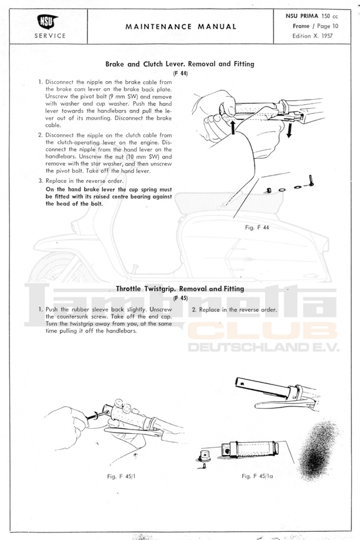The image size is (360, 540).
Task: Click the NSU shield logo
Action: coord(47,22)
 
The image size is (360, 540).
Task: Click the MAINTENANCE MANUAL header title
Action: coord(181,26)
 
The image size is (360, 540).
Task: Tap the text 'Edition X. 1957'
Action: coord(313,36)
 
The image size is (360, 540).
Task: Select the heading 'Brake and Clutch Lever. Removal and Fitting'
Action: coord(180,64)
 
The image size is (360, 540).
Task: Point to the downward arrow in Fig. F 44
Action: coord(289,130)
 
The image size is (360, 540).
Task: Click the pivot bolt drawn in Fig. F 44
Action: coord(311,180)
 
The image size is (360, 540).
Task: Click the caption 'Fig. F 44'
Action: coord(257,227)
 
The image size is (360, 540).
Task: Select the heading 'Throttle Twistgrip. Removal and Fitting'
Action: coord(180,288)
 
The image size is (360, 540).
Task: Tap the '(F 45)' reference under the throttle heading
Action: coord(180,298)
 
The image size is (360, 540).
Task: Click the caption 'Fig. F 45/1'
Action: coord(121,476)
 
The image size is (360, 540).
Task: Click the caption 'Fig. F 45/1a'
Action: coord(257,476)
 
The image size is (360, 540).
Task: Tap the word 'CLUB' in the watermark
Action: coord(263,331)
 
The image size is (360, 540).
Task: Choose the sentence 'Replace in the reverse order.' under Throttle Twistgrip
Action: coord(238,310)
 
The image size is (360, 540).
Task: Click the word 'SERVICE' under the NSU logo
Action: coord(50,36)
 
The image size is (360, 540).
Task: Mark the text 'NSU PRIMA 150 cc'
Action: coord(311,16)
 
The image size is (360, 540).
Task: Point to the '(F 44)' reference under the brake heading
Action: coord(180,74)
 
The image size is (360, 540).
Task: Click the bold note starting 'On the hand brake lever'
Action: coord(109,196)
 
